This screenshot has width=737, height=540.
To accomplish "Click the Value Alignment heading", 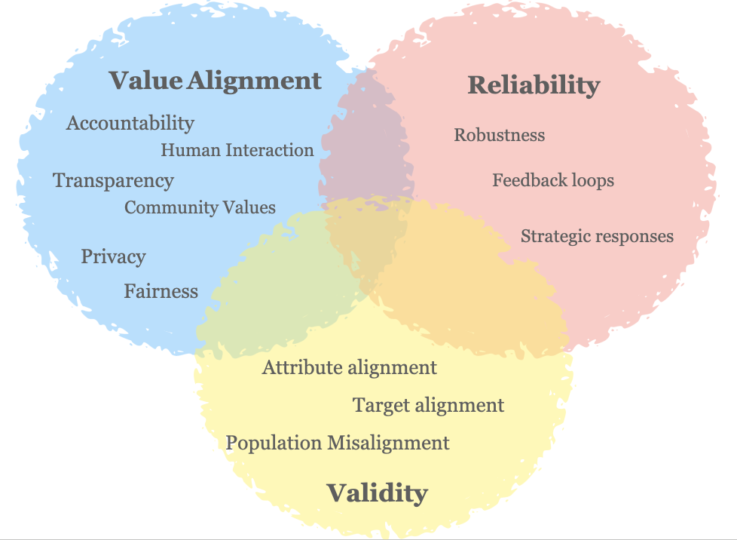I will (x=216, y=80).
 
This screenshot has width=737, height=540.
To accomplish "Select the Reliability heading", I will (x=534, y=84).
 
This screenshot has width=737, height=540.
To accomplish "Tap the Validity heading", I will (x=377, y=493).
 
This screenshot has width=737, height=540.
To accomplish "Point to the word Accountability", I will (x=130, y=123).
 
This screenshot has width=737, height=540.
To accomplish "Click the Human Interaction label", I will (x=237, y=150).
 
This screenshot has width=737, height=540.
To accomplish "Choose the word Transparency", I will (x=113, y=181).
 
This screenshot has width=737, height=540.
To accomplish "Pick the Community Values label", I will (x=200, y=207).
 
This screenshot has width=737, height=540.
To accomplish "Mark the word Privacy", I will (x=113, y=256).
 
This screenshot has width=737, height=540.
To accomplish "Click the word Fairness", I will (x=161, y=290).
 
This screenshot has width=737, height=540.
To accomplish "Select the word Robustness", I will (x=499, y=135).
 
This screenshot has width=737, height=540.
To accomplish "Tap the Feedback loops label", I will (x=553, y=180).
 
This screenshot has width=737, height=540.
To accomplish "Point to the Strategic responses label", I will (x=597, y=236).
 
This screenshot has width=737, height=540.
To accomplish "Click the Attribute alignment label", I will (x=349, y=368).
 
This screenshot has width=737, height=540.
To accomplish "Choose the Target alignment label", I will (x=428, y=405).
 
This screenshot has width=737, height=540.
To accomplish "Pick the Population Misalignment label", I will (x=338, y=443).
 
